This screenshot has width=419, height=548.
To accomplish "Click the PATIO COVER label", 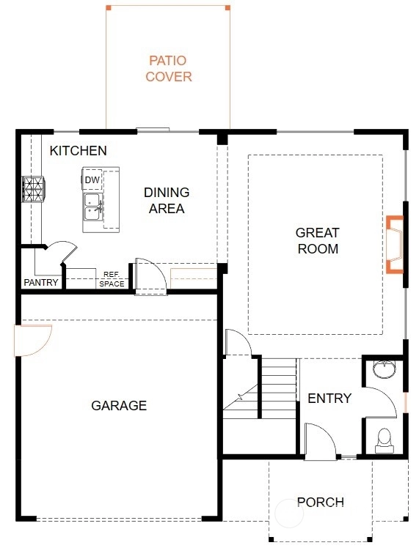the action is coord(169,69).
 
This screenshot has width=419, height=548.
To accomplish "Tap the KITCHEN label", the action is coord(78,151).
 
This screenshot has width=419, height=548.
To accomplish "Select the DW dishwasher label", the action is coord(92,180).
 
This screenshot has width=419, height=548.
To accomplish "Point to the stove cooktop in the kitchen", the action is coord(34,189).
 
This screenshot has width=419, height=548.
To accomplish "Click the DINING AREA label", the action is coord(167,200).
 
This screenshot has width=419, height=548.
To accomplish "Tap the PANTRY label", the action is coord(41,282).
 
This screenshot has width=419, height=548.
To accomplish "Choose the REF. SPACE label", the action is coord(112,279).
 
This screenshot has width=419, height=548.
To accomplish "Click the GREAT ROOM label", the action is coord(318,240).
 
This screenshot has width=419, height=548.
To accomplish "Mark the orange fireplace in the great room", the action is coord(395,244).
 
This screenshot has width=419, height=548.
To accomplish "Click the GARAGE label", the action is coord(119,405).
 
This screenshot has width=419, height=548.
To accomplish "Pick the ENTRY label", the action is coord(329,398).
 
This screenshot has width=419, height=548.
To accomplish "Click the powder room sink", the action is coord(384,369).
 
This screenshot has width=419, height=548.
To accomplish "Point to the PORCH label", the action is coord(320,503).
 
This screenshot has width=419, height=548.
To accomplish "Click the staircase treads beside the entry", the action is coord(278,388).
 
